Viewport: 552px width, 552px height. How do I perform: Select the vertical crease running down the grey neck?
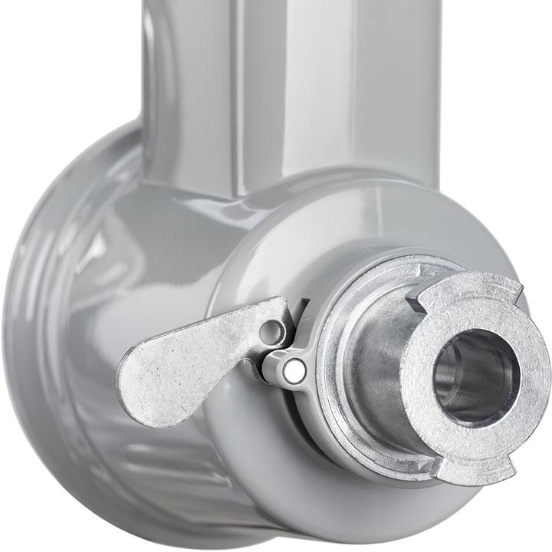coord(234,92)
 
